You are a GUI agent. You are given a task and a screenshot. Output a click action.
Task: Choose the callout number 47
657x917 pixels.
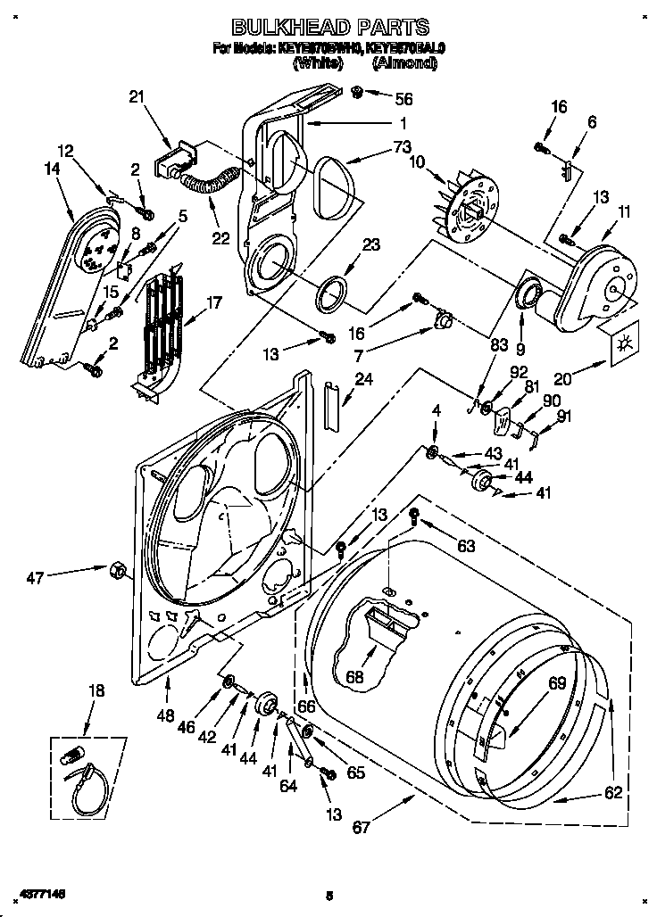35,578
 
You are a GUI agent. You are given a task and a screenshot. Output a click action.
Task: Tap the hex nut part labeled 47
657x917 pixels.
116,568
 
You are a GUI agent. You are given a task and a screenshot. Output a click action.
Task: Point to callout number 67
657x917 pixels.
360,828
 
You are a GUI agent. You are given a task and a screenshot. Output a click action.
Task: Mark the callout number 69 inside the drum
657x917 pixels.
557,684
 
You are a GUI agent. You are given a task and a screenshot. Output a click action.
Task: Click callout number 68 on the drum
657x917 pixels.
355,677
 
